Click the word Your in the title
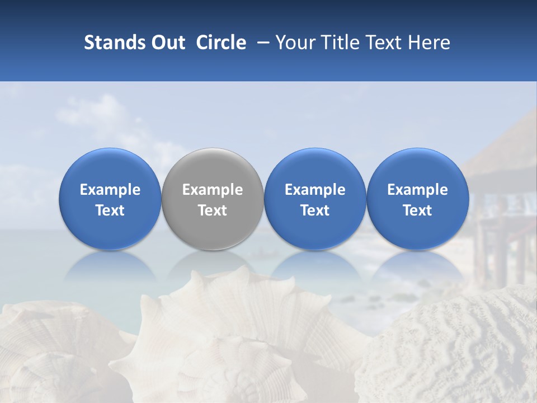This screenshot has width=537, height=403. [295, 43]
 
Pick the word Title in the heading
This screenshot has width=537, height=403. [338, 43]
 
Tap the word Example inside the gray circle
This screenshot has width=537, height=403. [213, 190]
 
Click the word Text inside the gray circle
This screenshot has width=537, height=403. [213, 210]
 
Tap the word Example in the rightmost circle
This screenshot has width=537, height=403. [417, 190]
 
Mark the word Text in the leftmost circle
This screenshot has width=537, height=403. [110, 210]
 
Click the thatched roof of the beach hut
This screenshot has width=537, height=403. [503, 151]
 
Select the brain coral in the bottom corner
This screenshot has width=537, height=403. [453, 353]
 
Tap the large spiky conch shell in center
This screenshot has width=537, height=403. [235, 330]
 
